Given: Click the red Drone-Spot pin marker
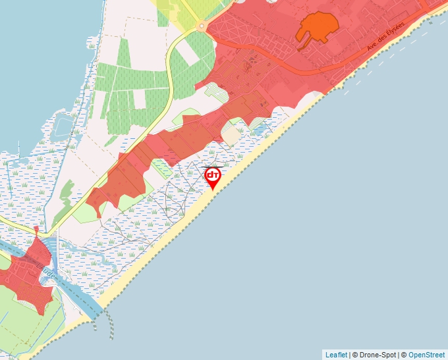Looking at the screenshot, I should tap(213, 176).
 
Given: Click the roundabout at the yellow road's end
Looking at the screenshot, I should tap(202, 26).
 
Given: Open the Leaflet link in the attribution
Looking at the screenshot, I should tap(336, 355).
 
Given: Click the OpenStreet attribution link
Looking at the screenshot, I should tap(426, 355).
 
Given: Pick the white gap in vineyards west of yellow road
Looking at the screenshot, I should tap(139, 99).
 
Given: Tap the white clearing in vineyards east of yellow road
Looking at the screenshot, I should tap(188, 55).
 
